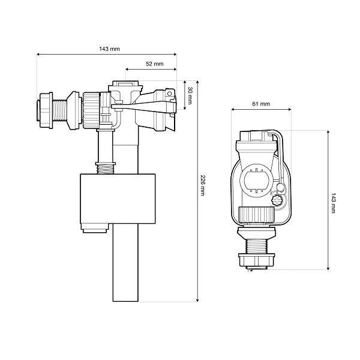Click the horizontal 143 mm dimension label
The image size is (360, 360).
pyautogui.click(x=109, y=49)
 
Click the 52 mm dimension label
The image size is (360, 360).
pyautogui.click(x=155, y=64)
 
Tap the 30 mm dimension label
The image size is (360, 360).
pyautogui.click(x=190, y=95)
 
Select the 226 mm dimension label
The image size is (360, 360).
pyautogui.click(x=203, y=185)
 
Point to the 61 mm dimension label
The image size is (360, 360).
pyautogui.click(x=261, y=104)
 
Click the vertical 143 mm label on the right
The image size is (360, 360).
pyautogui.click(x=333, y=203)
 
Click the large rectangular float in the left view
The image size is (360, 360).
pyautogui.click(x=118, y=199)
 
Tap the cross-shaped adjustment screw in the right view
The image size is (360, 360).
pyautogui.click(x=277, y=200)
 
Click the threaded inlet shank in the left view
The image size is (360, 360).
pyautogui.click(x=59, y=110)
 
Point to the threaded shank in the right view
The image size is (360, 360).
pyautogui.click(x=256, y=247)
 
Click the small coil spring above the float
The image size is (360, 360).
pyautogui.click(x=106, y=168)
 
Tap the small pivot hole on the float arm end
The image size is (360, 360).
pyautogui.click(x=169, y=94)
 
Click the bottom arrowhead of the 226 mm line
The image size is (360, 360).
pyautogui.click(x=197, y=300)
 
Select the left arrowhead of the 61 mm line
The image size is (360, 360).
pyautogui.click(x=233, y=110)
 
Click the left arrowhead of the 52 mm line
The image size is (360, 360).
pyautogui.click(x=127, y=69)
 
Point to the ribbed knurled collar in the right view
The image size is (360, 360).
pyautogui.click(x=256, y=215)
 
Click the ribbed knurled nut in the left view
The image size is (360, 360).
pyautogui.click(x=91, y=110)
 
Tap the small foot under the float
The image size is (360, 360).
pyautogui.click(x=94, y=228)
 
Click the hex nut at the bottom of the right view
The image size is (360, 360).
pyautogui.click(x=256, y=260)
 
